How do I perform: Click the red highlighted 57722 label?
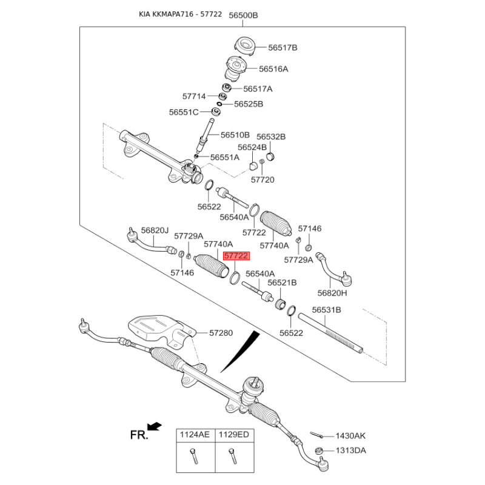coord(236,256)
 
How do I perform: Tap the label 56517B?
coord(283,47)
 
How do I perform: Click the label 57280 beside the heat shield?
coord(221,333)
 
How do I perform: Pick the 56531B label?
coord(327,310)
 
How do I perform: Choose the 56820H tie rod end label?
coord(332,293)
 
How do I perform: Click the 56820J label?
coord(154,230)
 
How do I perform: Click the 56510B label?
coord(235,135)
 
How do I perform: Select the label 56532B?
coord(270,137)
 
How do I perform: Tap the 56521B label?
coord(282,283)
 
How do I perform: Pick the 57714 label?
coord(195,96)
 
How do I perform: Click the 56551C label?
coord(184,112)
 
